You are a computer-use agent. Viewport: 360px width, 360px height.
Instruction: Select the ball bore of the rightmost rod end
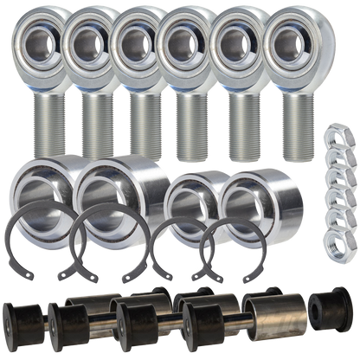[x=292, y=40]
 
